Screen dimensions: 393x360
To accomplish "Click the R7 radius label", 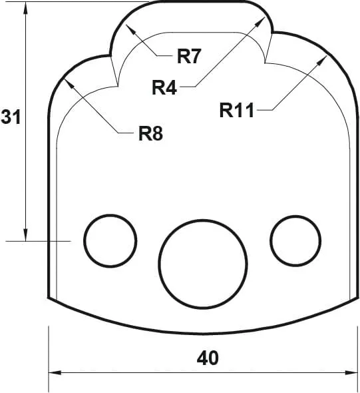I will [189, 56].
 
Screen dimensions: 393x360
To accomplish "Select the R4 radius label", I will [164, 87].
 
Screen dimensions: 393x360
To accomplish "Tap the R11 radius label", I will [237, 110].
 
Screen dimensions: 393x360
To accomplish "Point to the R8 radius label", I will [150, 134].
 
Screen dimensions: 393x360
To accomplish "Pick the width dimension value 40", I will [208, 358].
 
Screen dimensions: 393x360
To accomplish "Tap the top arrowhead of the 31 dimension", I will [26, 7].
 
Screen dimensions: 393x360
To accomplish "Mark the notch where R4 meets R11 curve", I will [266, 63].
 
